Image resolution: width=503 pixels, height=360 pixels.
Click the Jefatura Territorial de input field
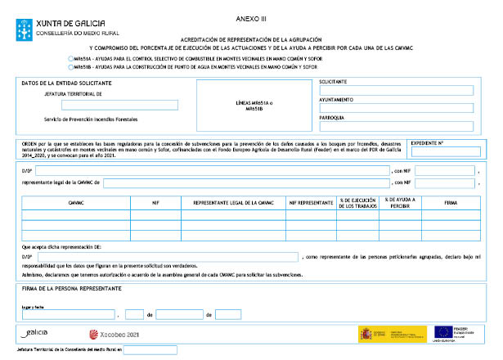119,105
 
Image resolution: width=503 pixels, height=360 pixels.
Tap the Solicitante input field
396,91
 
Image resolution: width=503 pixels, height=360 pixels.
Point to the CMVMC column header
77,200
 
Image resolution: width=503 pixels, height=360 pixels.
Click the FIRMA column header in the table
450,200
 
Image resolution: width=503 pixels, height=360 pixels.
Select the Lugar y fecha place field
68,314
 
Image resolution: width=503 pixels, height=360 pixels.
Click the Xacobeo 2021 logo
115,334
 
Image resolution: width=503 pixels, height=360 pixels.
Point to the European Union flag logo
446,332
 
